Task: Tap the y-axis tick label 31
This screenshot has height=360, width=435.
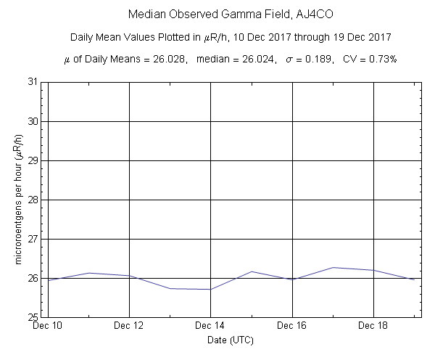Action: click(x=33, y=82)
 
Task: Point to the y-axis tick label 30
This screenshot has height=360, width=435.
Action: click(x=33, y=121)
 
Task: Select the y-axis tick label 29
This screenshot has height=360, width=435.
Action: click(x=33, y=160)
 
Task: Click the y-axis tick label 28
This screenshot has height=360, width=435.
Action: click(x=33, y=200)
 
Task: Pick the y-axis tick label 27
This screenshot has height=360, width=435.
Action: click(x=33, y=239)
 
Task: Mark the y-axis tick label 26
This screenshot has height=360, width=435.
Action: click(x=33, y=278)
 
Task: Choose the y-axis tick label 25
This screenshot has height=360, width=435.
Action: click(x=33, y=317)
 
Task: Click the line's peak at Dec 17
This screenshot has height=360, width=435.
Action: click(x=333, y=268)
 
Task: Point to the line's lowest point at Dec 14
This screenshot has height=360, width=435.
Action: click(x=210, y=290)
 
